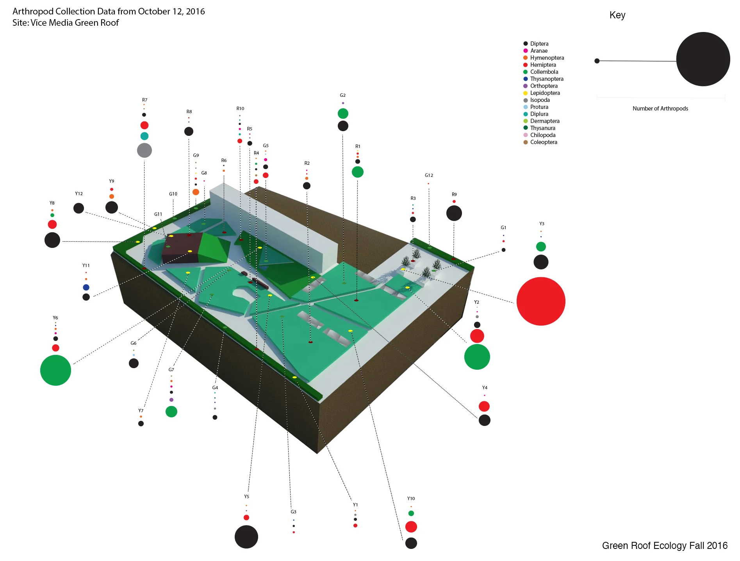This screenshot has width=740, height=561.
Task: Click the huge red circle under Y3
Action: tap(541, 301)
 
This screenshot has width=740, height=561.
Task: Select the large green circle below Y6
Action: tap(55, 370)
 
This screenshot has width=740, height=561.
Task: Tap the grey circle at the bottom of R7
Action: tap(144, 150)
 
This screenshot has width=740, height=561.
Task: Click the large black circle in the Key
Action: tap(703, 59)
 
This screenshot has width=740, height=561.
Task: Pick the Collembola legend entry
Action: tap(544, 72)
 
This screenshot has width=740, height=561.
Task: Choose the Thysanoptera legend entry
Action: tap(547, 79)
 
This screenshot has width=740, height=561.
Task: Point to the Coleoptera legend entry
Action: tap(544, 142)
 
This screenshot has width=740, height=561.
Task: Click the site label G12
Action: tap(429, 175)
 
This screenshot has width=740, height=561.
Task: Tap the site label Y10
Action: tap(411, 499)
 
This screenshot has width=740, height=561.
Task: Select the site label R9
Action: tap(454, 194)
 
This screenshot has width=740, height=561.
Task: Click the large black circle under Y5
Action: tap(246, 537)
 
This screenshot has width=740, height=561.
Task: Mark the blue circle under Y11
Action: tap(86, 287)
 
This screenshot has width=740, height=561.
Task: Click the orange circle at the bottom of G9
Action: tap(196, 192)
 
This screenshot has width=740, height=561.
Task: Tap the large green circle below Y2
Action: tap(477, 357)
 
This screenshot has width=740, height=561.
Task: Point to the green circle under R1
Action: tap(357, 172)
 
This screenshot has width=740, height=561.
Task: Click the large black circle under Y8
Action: tap(52, 240)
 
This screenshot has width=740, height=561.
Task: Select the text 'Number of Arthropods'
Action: tap(660, 109)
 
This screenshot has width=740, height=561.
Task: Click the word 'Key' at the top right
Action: tap(617, 15)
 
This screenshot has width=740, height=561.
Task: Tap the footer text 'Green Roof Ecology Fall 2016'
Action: tap(665, 545)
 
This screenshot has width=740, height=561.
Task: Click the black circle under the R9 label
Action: tap(454, 213)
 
